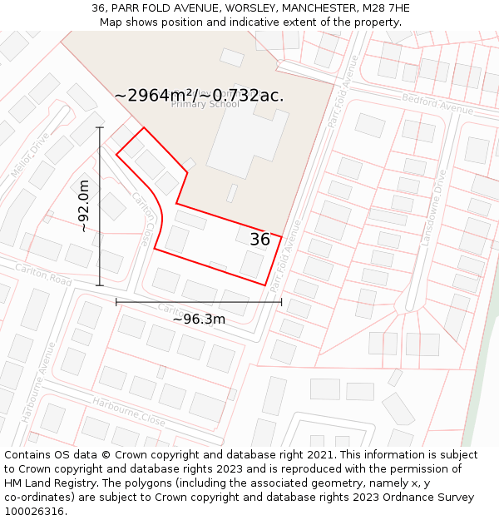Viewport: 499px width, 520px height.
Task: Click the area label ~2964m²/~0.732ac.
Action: coord(199,96)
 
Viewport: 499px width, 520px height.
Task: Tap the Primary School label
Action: coord(205,105)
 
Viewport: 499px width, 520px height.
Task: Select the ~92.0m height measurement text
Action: coord(83,206)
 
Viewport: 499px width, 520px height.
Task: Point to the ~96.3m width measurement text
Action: coord(199,319)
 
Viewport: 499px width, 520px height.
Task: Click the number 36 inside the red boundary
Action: coord(259,240)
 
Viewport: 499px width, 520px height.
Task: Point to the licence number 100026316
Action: coord(35,512)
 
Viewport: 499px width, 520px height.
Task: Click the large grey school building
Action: coord(246,137)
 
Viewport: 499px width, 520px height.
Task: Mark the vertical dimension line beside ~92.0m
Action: coord(100,206)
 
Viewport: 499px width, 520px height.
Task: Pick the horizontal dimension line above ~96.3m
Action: coord(199,302)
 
